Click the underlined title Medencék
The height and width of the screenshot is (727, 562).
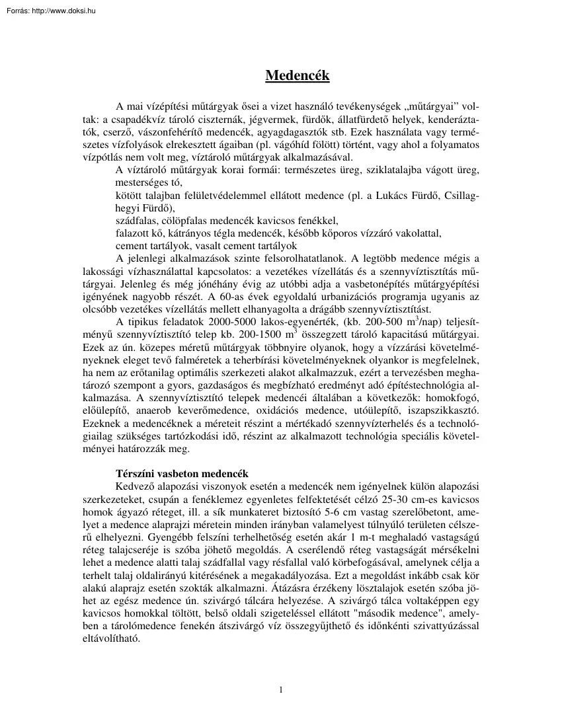[298, 75]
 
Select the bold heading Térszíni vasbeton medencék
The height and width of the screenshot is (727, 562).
[182, 473]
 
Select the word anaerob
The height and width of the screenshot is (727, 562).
[168, 403]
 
